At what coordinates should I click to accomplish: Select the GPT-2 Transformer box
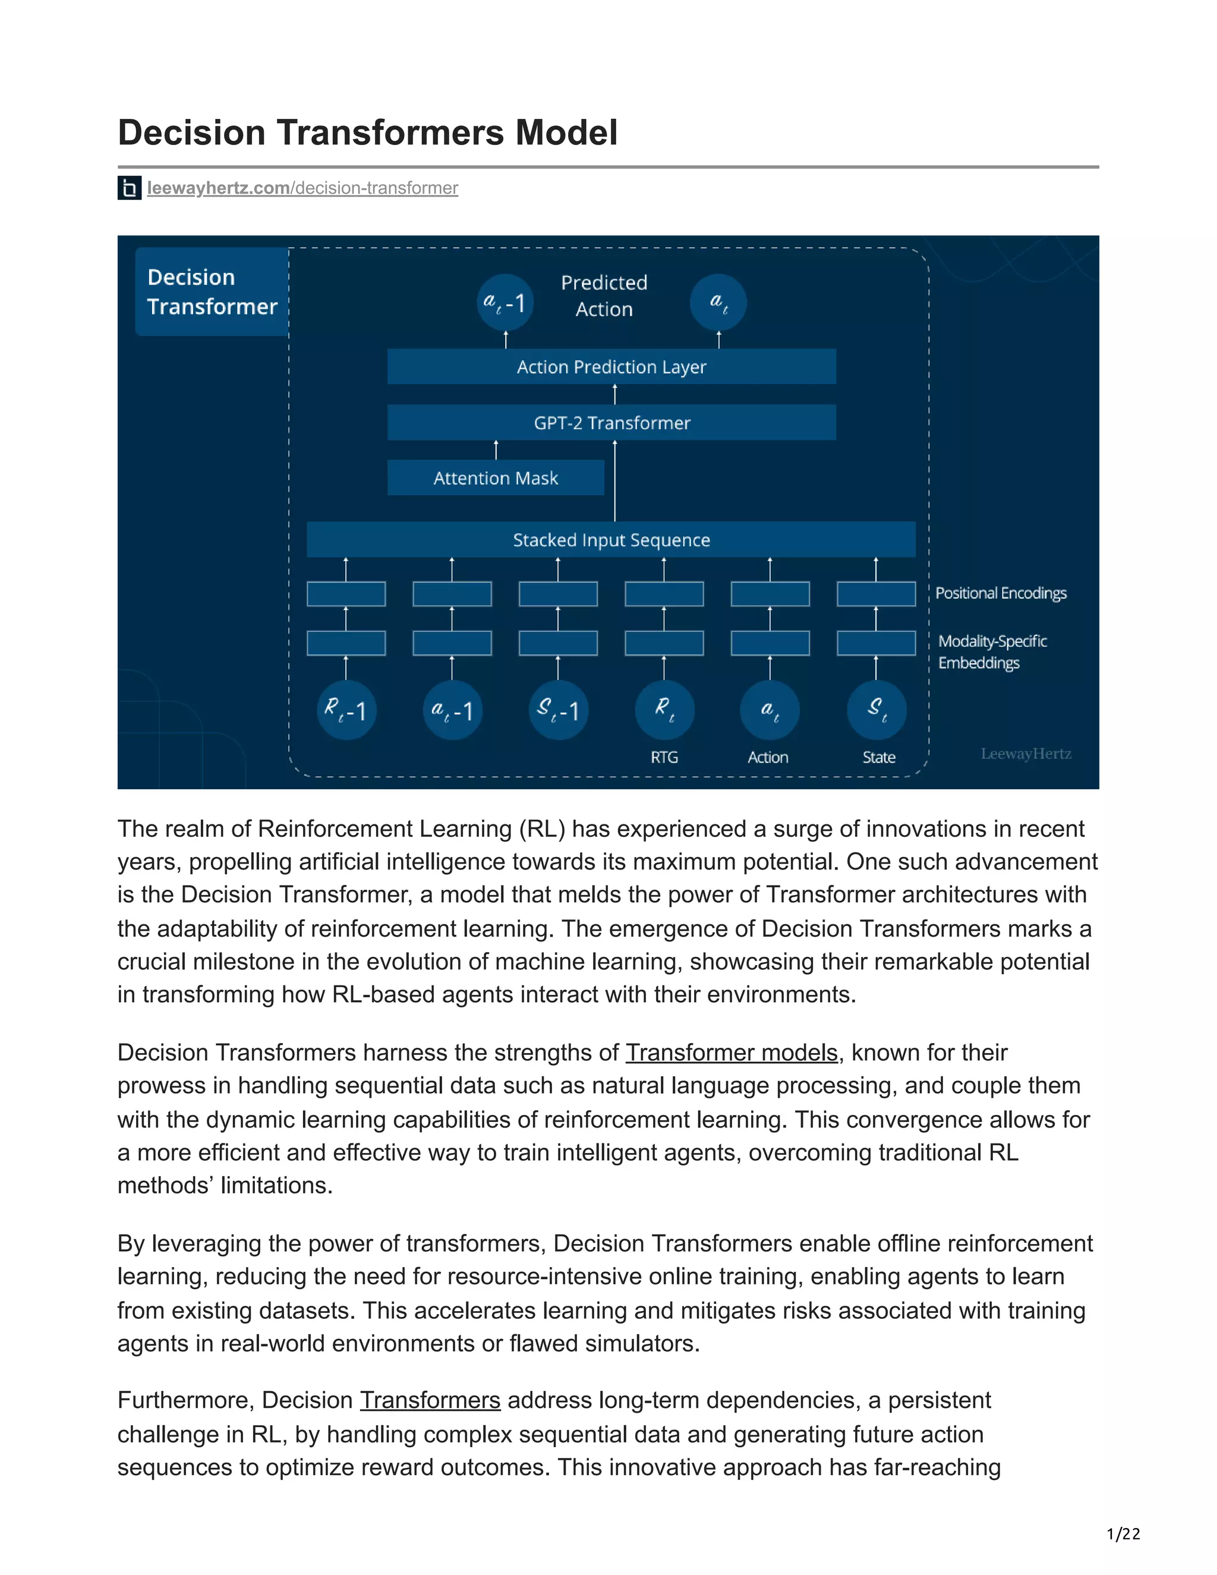611,423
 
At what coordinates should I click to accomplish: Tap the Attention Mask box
496,478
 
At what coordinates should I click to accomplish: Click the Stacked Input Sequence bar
611,540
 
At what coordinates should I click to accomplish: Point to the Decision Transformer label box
212,292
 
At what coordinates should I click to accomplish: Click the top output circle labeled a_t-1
506,302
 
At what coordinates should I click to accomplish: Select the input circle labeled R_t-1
346,710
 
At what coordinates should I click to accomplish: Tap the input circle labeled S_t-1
558,710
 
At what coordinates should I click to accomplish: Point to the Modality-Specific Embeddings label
992,652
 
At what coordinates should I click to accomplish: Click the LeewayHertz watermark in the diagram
1025,754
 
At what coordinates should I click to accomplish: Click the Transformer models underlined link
731,1053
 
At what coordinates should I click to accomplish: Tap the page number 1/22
1123,1534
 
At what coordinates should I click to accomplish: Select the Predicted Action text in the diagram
604,295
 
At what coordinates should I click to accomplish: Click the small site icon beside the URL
129,188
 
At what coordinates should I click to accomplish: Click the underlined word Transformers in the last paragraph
430,1400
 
